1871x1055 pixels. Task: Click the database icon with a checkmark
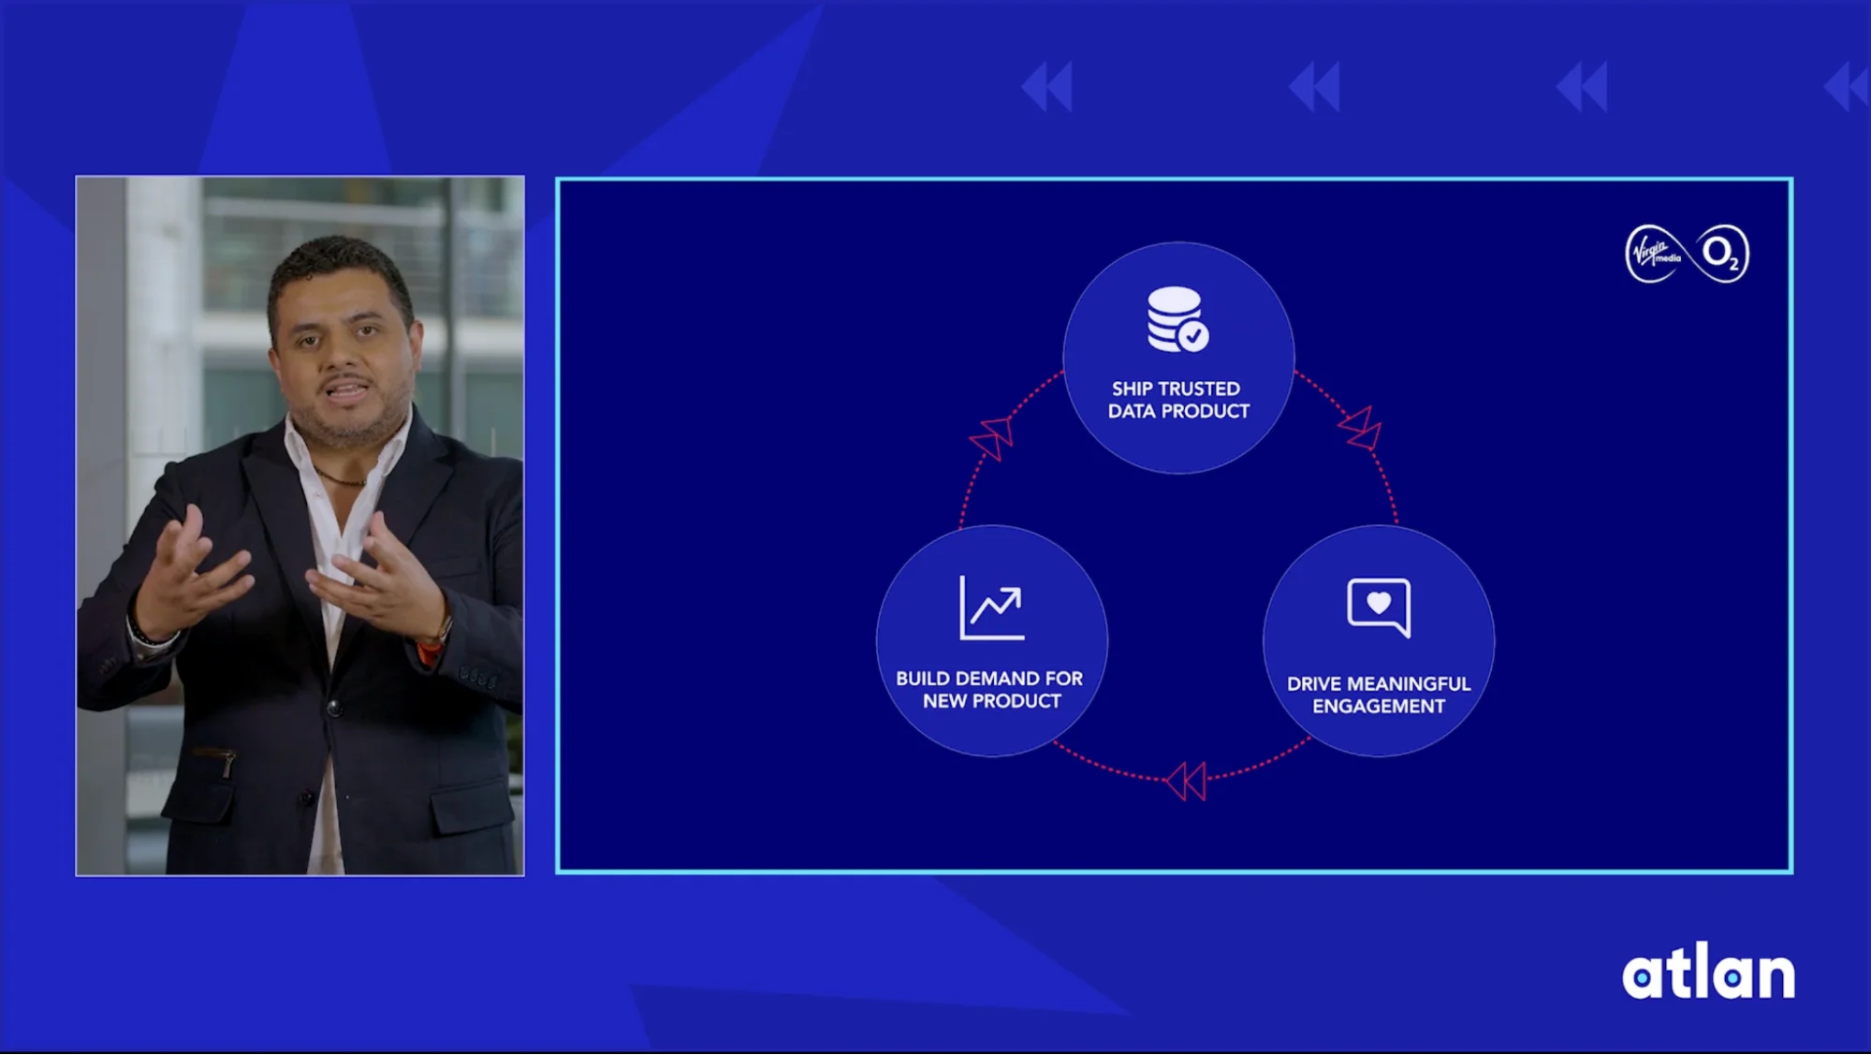pyautogui.click(x=1177, y=319)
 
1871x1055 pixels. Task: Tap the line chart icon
pyautogui.click(x=992, y=608)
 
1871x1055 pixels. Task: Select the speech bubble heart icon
pyautogui.click(x=1379, y=608)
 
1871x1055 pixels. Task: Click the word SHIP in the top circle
pyautogui.click(x=1132, y=388)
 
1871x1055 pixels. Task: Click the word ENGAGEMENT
pyautogui.click(x=1379, y=707)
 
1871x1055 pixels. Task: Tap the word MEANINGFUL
pyautogui.click(x=1409, y=684)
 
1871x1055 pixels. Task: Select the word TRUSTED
pyautogui.click(x=1199, y=388)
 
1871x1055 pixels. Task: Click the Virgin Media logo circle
pyautogui.click(x=1655, y=254)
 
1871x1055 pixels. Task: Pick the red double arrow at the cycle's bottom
pyautogui.click(x=1185, y=781)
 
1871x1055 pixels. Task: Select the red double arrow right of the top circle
pyautogui.click(x=1361, y=429)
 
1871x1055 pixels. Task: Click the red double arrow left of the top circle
pyautogui.click(x=992, y=437)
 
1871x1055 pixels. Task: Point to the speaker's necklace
pyautogui.click(x=341, y=480)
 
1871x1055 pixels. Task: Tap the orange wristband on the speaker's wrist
pyautogui.click(x=430, y=648)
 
